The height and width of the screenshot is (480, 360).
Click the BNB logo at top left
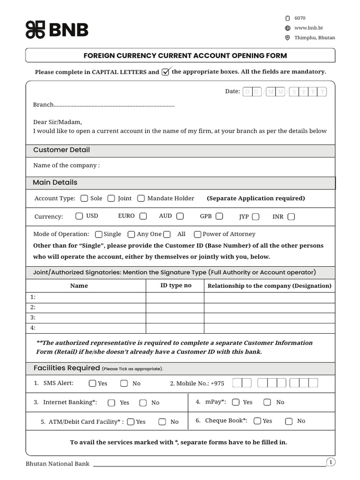click(57, 30)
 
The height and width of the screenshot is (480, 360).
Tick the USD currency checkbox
click(79, 216)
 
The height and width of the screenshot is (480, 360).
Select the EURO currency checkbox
click(143, 216)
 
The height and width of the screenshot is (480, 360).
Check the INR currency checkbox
click(291, 217)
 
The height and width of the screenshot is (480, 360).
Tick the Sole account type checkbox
click(84, 198)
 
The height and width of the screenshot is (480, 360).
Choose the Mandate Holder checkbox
click(141, 198)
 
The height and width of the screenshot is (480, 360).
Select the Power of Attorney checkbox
click(197, 234)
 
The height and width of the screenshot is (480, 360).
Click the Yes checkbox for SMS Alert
click(93, 383)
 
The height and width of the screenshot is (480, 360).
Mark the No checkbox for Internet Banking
click(143, 403)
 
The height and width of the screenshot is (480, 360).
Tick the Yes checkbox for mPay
click(236, 402)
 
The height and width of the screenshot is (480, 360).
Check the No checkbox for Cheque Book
click(289, 421)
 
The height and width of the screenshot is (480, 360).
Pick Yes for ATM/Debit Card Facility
click(131, 421)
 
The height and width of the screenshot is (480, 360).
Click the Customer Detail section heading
click(61, 150)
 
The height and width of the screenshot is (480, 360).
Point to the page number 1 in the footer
click(330, 463)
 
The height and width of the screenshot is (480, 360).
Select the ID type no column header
click(175, 285)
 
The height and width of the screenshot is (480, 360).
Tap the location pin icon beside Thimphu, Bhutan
click(288, 38)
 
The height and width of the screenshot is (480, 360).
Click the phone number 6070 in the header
click(300, 18)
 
